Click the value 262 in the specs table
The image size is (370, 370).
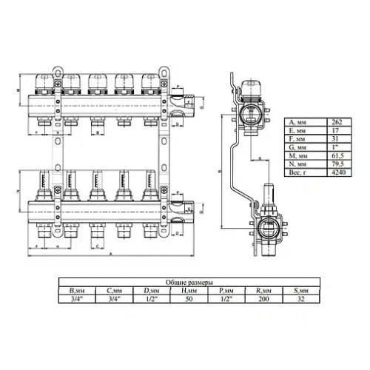[337, 121]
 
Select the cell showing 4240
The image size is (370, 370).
[337, 172]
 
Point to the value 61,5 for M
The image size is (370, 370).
[337, 155]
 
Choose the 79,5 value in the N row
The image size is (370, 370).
[337, 164]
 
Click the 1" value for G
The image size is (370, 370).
[337, 147]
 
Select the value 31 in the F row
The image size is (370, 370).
[337, 138]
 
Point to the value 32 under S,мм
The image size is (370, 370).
[300, 300]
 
